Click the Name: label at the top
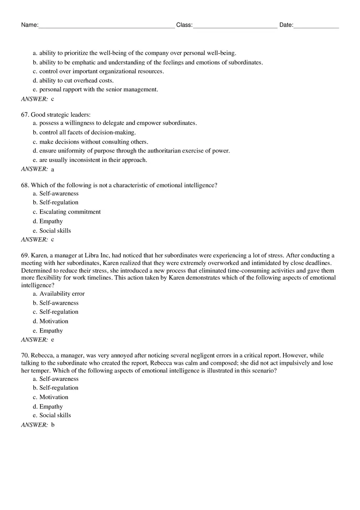(x=29, y=25)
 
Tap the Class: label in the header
(x=184, y=25)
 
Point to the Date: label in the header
(x=286, y=25)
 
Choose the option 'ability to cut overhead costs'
(x=76, y=81)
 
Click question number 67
(x=25, y=115)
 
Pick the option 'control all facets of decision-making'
(x=87, y=133)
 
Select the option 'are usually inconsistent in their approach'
(x=93, y=160)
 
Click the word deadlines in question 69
(x=318, y=263)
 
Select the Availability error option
(x=62, y=294)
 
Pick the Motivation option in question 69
(x=54, y=321)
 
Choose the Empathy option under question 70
(x=51, y=407)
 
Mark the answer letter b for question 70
(x=53, y=425)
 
